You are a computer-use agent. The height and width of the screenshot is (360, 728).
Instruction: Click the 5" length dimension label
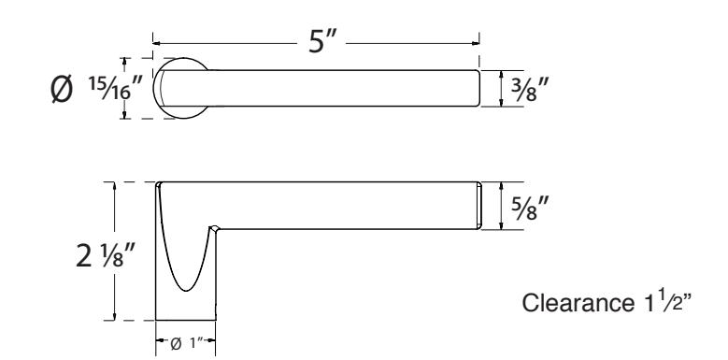coord(321,42)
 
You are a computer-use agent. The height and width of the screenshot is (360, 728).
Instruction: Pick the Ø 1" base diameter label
coord(186,344)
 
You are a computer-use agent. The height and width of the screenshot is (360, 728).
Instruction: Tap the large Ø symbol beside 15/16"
coord(62,89)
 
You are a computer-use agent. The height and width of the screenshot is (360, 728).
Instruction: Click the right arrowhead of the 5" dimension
coord(476,43)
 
